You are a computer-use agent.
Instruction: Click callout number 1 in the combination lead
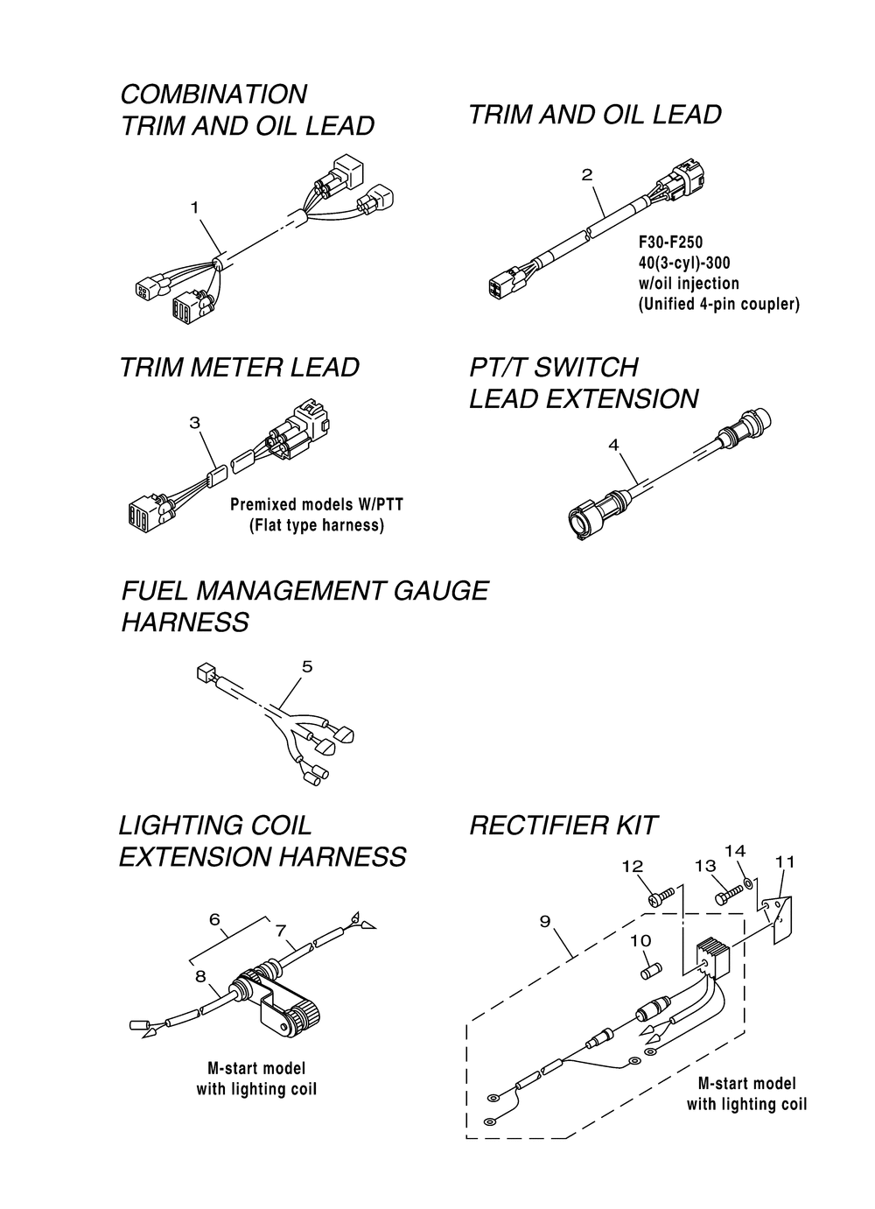(x=194, y=207)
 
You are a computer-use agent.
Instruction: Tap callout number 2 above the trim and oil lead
(x=587, y=175)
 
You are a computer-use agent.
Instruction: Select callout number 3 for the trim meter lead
(x=194, y=423)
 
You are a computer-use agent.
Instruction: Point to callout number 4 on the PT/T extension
(x=613, y=445)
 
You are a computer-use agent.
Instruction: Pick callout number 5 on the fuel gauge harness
(x=306, y=667)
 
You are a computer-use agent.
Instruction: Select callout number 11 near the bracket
(x=785, y=862)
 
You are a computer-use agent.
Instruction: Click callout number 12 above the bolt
(x=632, y=866)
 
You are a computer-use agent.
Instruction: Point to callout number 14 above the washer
(x=735, y=851)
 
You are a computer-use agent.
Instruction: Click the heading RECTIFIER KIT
(x=563, y=825)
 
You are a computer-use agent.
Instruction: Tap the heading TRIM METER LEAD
(x=239, y=368)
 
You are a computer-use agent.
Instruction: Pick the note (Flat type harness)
(x=312, y=526)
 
